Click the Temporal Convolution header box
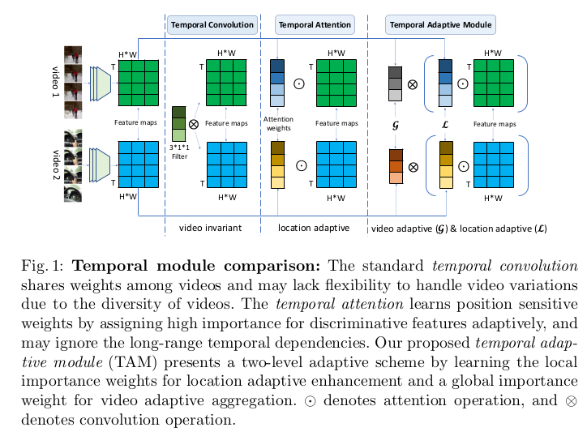[212, 25]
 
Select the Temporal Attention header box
[314, 25]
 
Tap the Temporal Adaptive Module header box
[440, 25]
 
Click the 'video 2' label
[56, 163]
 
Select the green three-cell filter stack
[178, 124]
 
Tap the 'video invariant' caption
[211, 229]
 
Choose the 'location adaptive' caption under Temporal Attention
[314, 229]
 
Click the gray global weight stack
[396, 83]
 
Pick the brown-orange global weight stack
[396, 166]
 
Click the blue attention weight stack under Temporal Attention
[278, 83]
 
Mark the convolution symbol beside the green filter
[194, 125]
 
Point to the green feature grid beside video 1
[139, 83]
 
